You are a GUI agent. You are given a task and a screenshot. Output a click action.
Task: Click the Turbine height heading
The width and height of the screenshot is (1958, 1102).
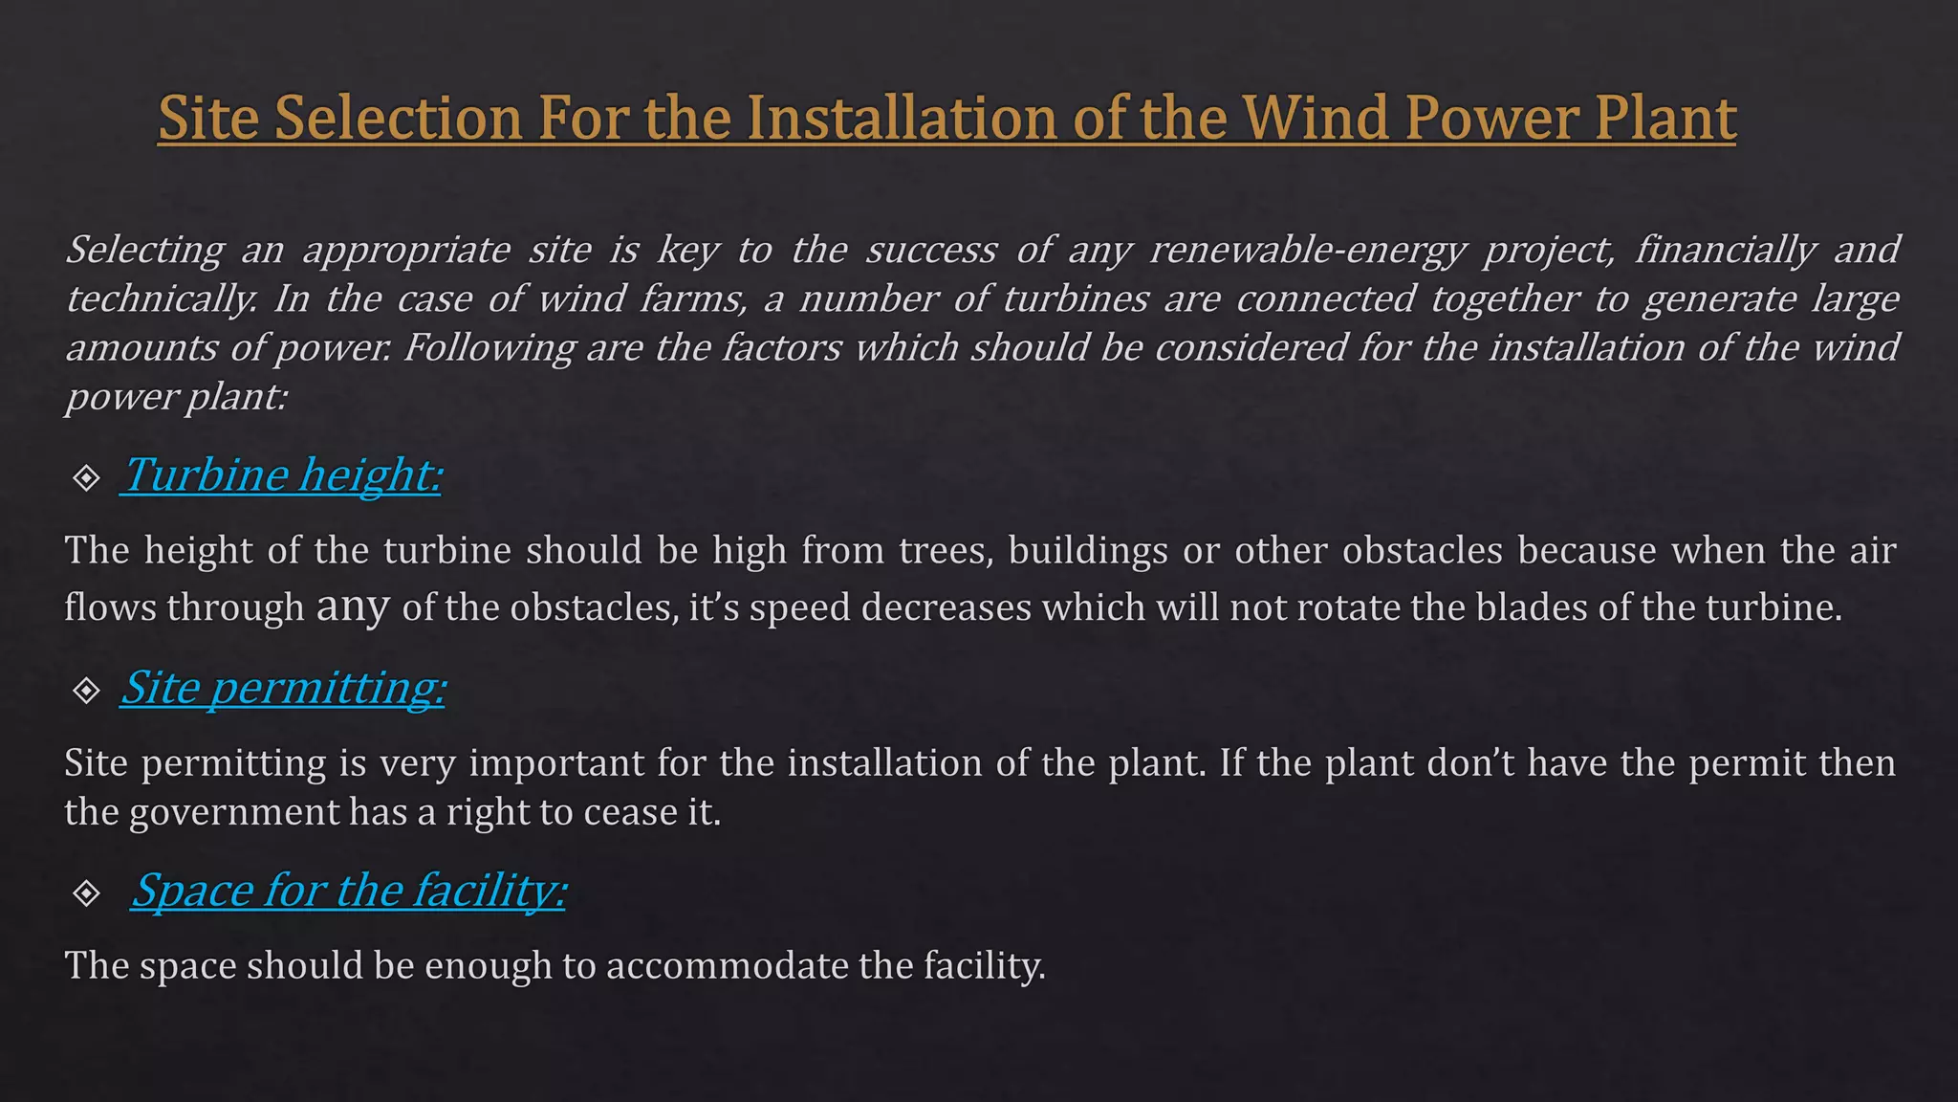[282, 474]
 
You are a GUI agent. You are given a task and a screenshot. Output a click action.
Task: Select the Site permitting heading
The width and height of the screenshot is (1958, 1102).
[284, 687]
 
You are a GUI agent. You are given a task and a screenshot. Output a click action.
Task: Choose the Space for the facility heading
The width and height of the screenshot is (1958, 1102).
[349, 890]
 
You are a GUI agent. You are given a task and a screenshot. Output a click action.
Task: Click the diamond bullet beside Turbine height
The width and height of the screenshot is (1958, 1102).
[87, 477]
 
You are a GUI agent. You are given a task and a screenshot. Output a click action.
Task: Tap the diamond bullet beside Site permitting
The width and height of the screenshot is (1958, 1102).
[87, 690]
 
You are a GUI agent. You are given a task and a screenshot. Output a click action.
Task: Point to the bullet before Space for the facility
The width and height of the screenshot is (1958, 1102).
[87, 893]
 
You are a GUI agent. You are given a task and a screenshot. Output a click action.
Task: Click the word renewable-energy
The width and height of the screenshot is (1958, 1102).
[1307, 250]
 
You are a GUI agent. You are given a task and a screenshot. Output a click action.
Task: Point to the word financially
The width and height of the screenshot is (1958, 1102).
[1724, 250]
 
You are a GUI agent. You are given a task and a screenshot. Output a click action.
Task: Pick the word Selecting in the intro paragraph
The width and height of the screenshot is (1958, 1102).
[144, 250]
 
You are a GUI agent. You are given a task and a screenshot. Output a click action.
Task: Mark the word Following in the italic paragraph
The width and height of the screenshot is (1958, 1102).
[488, 347]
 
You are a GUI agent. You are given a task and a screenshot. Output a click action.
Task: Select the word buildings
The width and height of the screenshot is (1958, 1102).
[1088, 551]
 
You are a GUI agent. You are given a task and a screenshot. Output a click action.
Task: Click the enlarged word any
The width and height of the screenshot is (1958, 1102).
[353, 606]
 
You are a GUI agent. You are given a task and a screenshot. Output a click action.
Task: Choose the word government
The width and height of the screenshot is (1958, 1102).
[234, 812]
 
